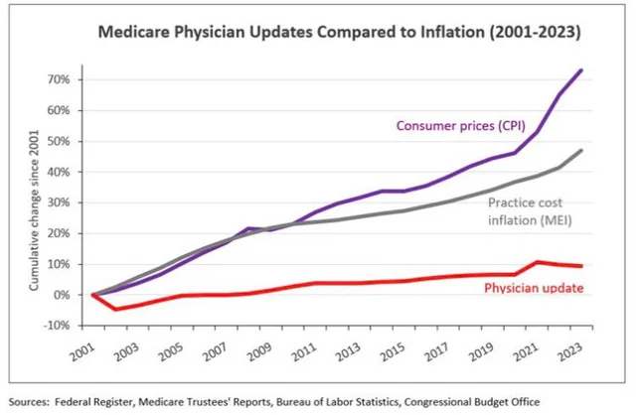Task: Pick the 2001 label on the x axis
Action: tap(82, 349)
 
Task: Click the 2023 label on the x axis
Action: tap(570, 349)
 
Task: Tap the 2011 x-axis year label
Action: tap(304, 349)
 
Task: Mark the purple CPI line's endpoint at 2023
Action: tap(581, 70)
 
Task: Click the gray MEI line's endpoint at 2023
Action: tap(581, 150)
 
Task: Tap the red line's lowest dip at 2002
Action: tap(115, 309)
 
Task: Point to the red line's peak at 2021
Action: tap(537, 262)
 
